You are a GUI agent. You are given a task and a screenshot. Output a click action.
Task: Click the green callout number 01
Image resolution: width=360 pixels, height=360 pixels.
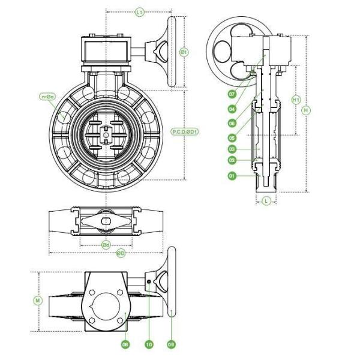232,176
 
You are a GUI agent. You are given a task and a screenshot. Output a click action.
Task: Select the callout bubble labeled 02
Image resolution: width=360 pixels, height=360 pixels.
232,160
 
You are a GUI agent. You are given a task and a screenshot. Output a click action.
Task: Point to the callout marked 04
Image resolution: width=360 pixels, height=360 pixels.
232,109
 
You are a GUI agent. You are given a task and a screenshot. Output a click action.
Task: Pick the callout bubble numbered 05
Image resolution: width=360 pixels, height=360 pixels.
232,137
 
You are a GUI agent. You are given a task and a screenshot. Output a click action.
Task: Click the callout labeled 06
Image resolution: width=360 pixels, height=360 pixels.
232,122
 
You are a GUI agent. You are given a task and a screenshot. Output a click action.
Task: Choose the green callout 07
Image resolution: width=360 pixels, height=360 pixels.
232,94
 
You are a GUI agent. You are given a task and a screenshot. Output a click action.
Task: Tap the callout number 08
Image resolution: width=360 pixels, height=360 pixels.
125,344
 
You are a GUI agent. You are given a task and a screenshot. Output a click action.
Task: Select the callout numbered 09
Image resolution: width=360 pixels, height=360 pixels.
171,344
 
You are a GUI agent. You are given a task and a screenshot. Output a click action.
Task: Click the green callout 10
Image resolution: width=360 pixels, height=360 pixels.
148,344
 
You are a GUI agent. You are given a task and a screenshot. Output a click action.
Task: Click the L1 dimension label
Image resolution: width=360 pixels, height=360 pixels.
139,11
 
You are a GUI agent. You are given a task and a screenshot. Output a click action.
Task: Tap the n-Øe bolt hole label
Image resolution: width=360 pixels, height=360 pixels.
47,96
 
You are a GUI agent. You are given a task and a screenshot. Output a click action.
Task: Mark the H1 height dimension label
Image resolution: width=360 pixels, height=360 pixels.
296,99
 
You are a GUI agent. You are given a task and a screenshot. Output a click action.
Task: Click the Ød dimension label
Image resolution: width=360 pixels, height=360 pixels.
106,244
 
